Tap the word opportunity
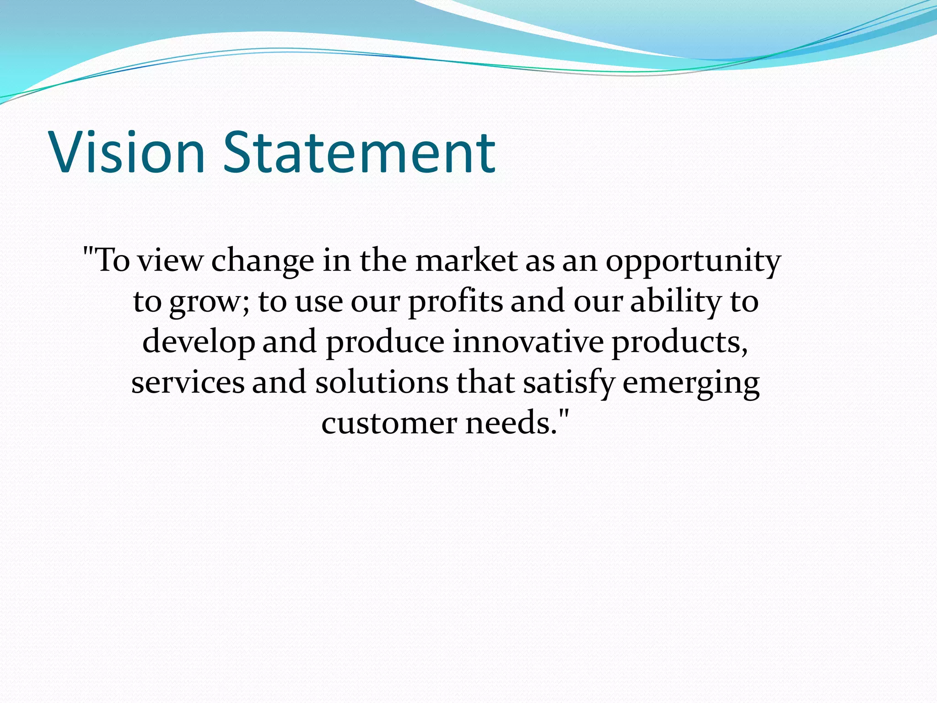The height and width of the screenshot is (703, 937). tap(693, 262)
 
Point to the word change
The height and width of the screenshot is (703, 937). tap(263, 262)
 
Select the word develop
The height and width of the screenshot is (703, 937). tap(199, 343)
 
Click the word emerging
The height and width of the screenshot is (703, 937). tap(691, 384)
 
